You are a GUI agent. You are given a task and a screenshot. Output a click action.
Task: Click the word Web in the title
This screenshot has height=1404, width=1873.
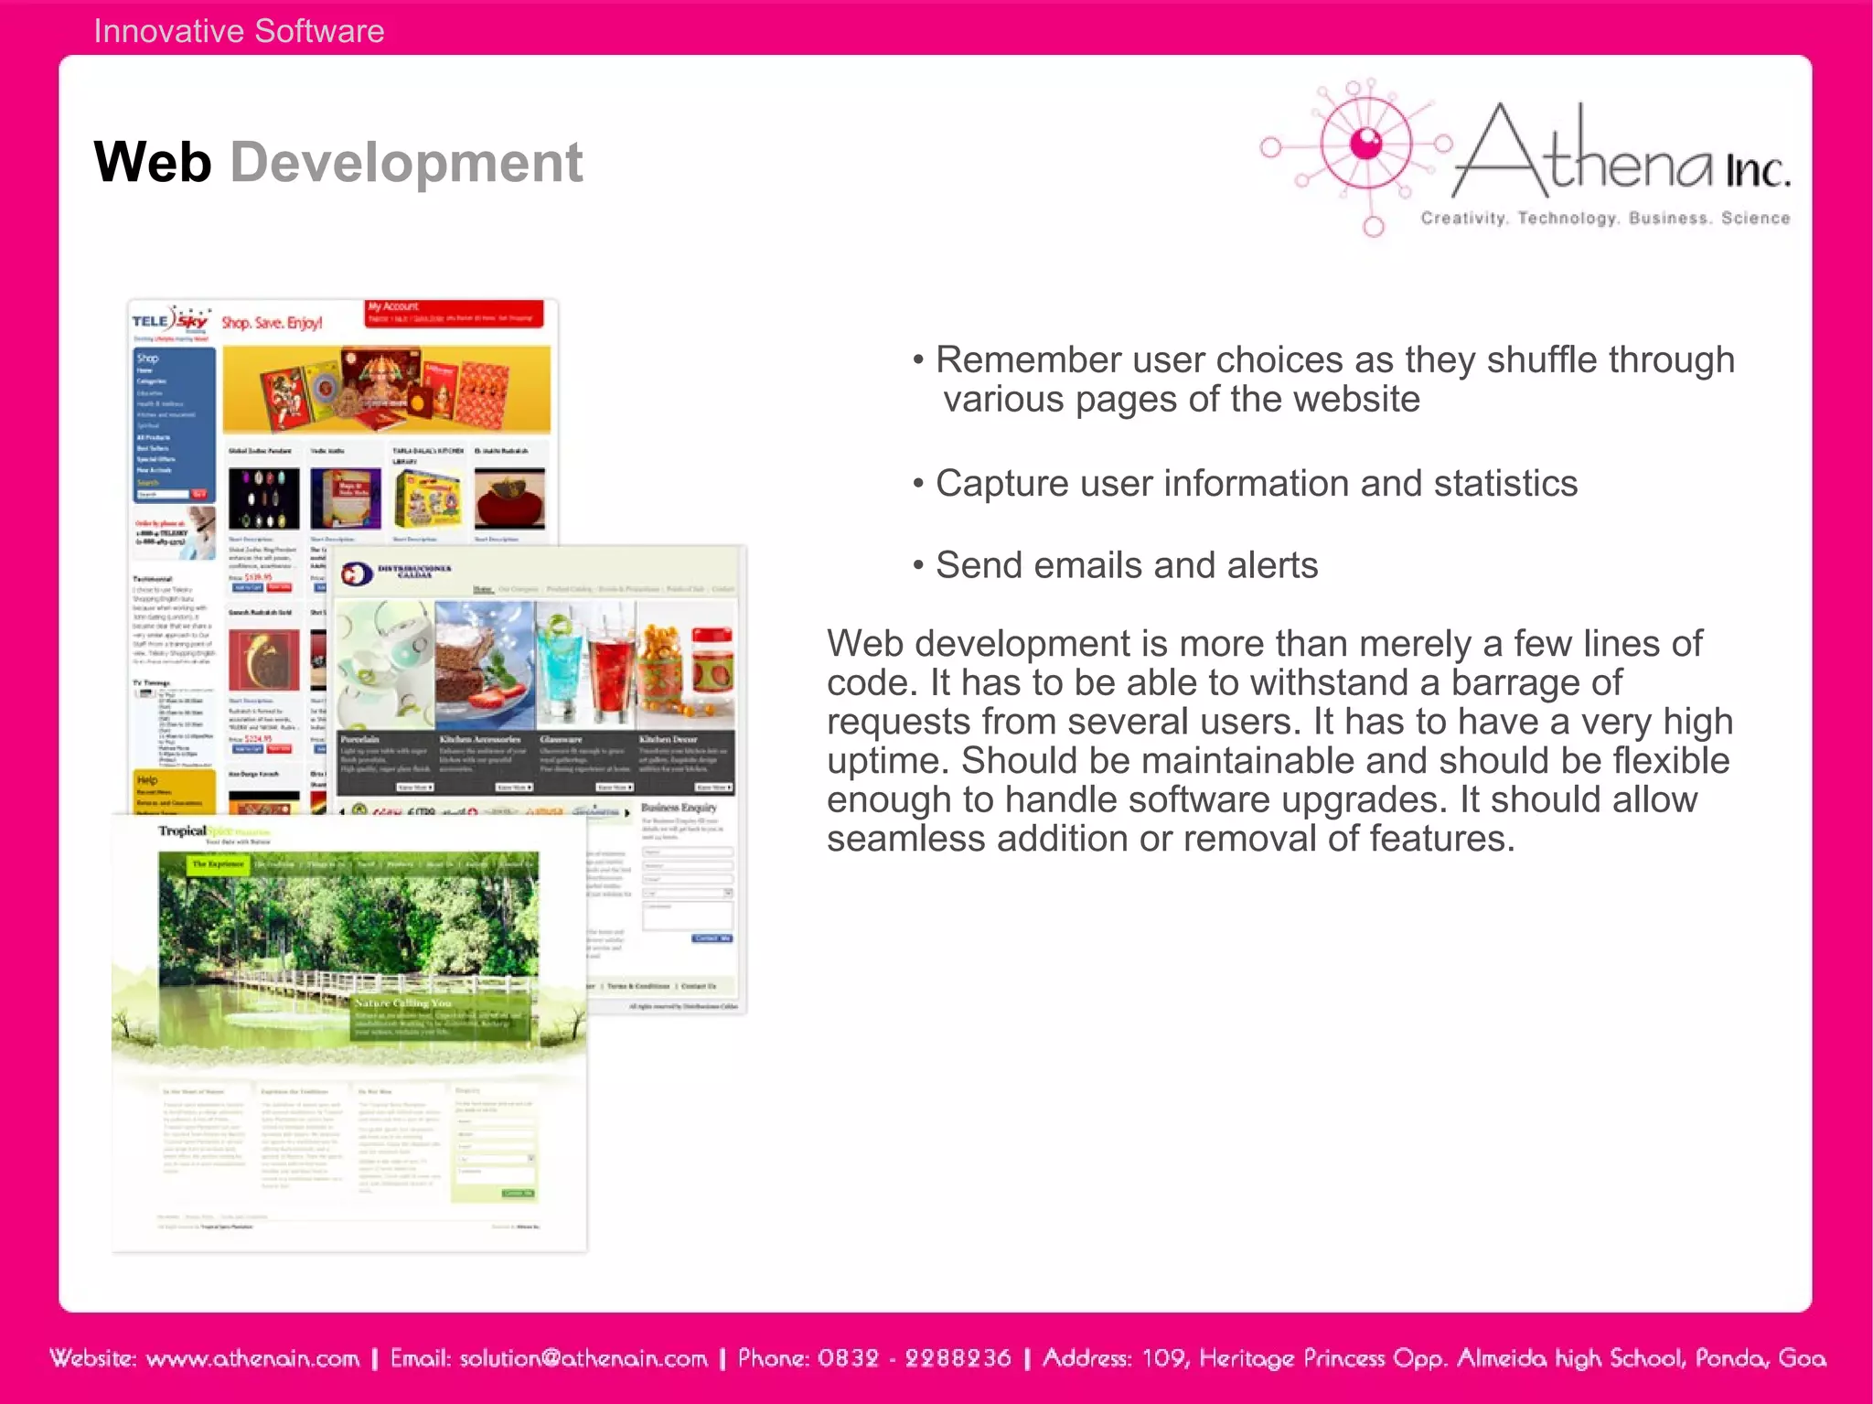coord(152,163)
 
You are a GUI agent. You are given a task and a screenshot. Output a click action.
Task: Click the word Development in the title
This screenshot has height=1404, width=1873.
coord(406,163)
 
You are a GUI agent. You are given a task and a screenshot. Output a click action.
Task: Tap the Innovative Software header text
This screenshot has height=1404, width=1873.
coord(239,31)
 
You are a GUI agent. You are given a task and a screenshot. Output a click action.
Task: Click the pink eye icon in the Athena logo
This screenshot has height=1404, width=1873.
coord(1366,144)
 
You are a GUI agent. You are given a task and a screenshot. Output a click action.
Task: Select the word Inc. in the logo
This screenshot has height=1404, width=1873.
coord(1757,170)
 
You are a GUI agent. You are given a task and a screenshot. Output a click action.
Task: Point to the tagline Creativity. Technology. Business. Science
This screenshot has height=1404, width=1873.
coord(1605,219)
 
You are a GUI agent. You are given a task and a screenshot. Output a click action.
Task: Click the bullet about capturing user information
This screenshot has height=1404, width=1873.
coord(1256,483)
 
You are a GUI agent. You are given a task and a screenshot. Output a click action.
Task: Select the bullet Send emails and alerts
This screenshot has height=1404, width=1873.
coord(1126,565)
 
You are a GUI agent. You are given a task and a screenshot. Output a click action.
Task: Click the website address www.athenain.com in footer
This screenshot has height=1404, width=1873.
coord(252,1358)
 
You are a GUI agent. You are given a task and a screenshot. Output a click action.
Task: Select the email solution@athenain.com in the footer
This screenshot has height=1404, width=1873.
coord(583,1358)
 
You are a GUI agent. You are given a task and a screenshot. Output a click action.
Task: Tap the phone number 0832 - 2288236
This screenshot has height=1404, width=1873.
coord(914,1358)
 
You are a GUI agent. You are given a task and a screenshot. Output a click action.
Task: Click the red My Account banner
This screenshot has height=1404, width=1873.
coord(455,313)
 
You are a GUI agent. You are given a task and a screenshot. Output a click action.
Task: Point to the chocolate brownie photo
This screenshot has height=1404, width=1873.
coord(484,664)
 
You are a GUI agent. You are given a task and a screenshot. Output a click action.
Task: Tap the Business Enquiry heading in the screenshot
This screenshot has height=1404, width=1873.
coord(679,808)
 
